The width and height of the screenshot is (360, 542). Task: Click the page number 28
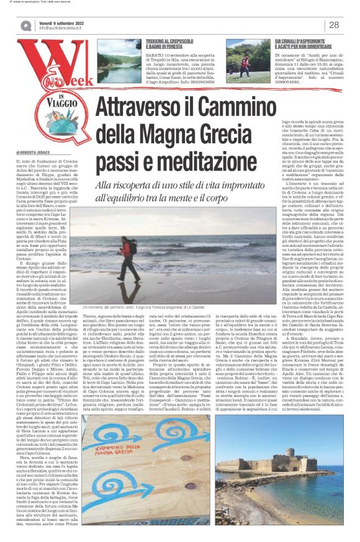coord(333,25)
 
